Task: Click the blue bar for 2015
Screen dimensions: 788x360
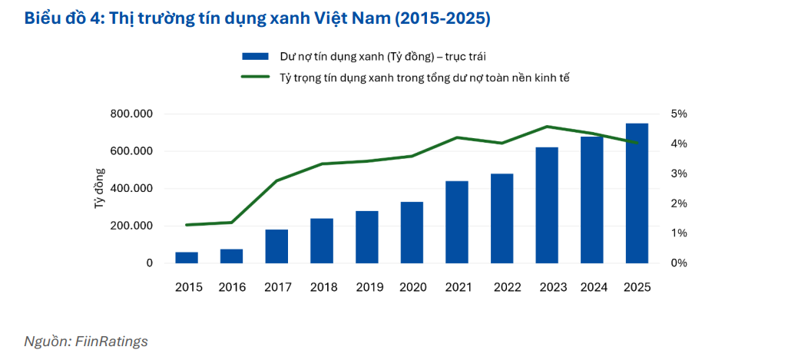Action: [187, 258]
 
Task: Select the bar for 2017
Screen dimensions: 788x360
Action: [277, 246]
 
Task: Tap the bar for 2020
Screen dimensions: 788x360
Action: [412, 233]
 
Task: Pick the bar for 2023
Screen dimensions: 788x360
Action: [547, 206]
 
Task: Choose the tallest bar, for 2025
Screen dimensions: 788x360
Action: [637, 193]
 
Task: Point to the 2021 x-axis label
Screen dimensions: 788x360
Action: [459, 287]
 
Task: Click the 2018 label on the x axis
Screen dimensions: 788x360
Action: [323, 287]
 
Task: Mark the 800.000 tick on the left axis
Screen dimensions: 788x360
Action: [131, 114]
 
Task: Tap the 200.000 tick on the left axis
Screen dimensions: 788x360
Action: [131, 226]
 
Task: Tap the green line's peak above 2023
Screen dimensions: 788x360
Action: [547, 127]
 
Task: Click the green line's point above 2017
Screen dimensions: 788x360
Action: [277, 180]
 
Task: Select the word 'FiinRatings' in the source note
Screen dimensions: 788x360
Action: [111, 342]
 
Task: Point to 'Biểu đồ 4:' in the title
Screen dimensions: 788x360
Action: [61, 18]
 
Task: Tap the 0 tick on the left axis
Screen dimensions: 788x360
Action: [150, 263]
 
